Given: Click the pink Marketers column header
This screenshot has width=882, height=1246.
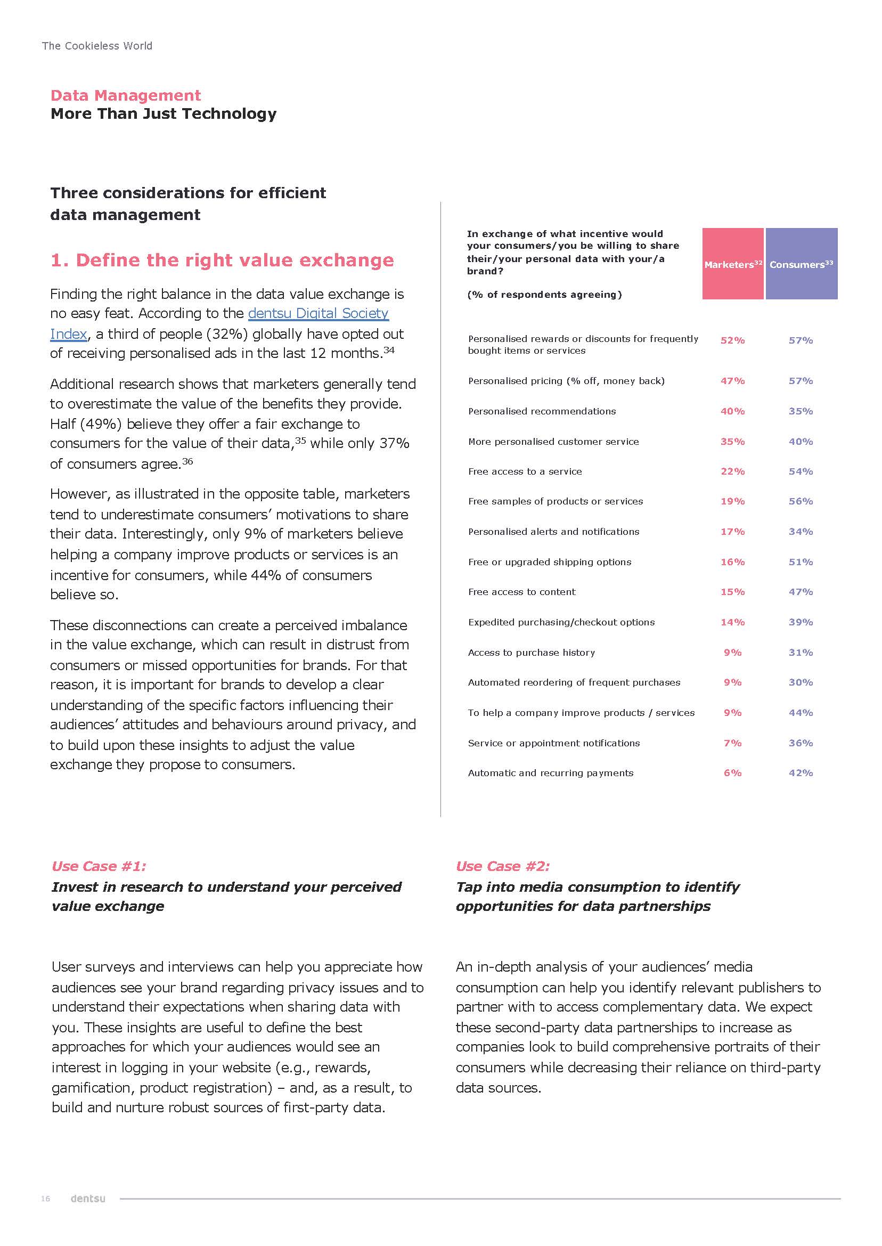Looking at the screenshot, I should click(x=732, y=264).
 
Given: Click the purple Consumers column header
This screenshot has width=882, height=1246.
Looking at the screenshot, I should click(x=801, y=264).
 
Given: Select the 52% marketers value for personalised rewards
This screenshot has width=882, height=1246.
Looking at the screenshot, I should click(x=732, y=340).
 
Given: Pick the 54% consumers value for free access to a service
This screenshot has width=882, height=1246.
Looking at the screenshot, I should click(x=801, y=471).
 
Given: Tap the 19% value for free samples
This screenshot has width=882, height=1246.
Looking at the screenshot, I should click(x=732, y=501).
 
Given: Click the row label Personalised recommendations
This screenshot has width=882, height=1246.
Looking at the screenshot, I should click(x=542, y=411).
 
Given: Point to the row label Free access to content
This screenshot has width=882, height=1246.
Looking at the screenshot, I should click(x=521, y=591).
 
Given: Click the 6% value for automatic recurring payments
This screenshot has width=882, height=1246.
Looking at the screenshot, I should click(x=732, y=772).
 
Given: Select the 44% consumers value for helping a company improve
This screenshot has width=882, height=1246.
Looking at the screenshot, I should click(x=801, y=713).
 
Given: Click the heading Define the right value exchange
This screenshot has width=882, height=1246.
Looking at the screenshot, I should click(x=222, y=260).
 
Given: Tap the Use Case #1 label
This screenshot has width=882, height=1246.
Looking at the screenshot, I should click(x=99, y=866).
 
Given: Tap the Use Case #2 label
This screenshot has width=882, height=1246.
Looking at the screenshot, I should click(x=502, y=866).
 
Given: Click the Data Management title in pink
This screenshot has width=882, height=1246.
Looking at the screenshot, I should click(x=126, y=95).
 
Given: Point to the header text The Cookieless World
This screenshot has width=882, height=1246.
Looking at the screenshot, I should click(x=97, y=46).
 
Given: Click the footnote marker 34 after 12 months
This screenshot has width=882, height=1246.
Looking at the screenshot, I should click(x=389, y=350).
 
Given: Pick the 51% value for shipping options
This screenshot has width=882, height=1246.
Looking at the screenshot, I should click(x=801, y=561).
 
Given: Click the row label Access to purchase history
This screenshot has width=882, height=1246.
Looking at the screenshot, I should click(x=531, y=653).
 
